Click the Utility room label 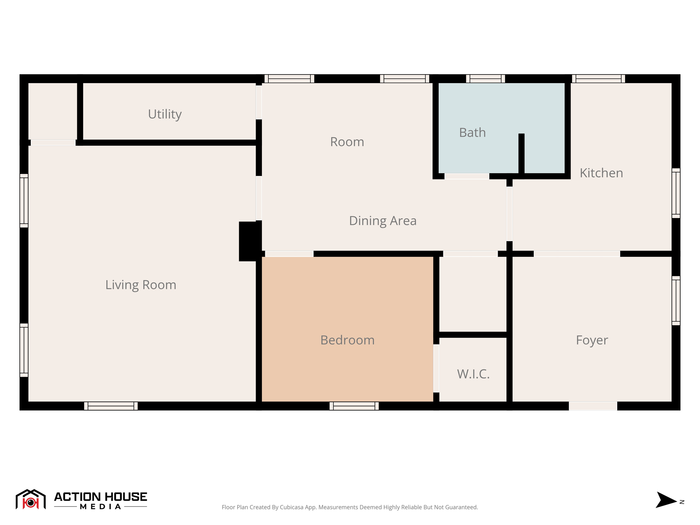pos(164,114)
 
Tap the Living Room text pos(140,285)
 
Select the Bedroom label pos(347,340)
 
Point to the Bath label pos(472,133)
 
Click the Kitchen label pos(601,173)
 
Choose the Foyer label pos(592,340)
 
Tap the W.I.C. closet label pos(473,374)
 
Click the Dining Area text pos(382,221)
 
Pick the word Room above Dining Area pos(347,142)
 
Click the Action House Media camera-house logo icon pos(30,499)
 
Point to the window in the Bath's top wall pos(485,79)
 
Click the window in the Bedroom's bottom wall pos(354,406)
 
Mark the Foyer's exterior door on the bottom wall pos(593,406)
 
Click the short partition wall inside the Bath pos(521,154)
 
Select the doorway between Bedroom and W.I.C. pos(436,368)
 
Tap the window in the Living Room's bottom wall pos(111,406)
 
